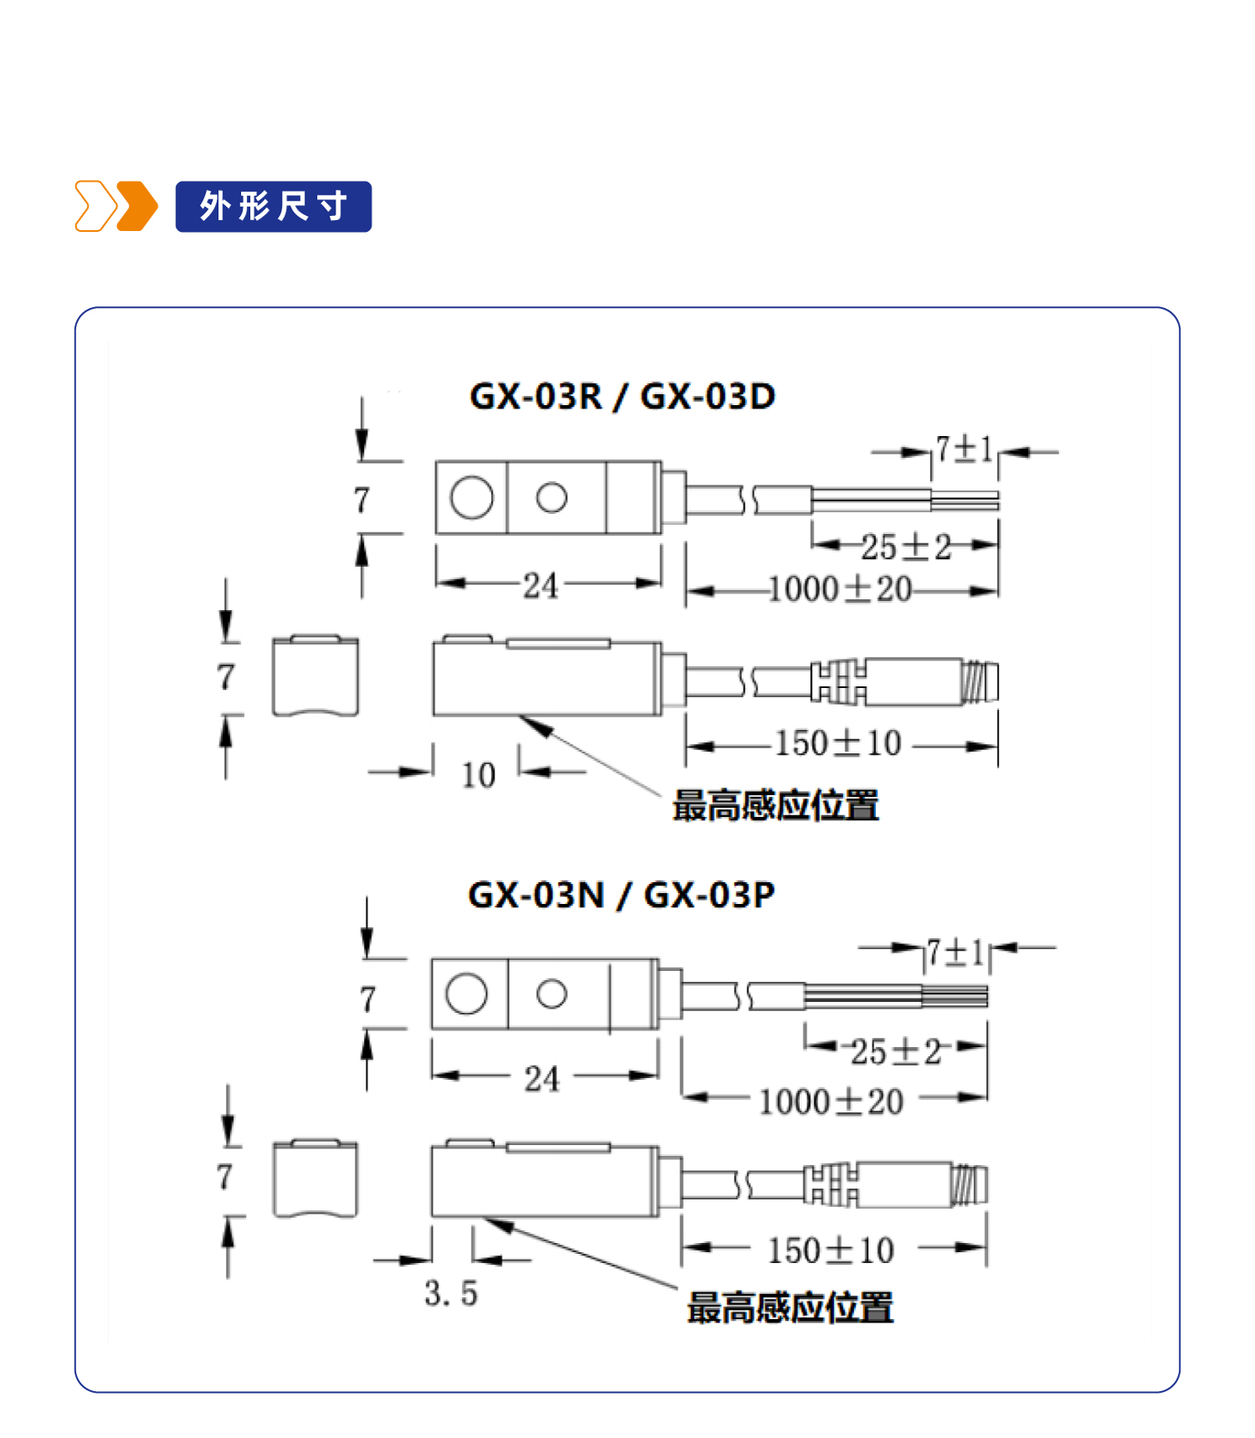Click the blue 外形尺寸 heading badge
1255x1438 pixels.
(273, 206)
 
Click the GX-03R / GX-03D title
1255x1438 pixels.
(622, 396)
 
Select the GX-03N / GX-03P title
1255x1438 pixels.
(621, 895)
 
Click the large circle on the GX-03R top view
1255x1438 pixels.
(472, 498)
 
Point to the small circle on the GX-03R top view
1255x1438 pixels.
(551, 497)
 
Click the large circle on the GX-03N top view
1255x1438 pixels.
(467, 994)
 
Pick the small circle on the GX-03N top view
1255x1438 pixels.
(551, 994)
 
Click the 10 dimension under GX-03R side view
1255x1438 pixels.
(479, 775)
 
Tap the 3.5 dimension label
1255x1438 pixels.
(451, 1293)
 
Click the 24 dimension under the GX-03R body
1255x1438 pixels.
(540, 585)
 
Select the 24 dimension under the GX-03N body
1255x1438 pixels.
(541, 1078)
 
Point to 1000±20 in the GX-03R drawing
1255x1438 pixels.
(839, 589)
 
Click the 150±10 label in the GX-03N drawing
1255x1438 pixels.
(831, 1251)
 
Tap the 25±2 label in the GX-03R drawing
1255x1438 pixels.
(906, 547)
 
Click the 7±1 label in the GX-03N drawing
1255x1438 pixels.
(955, 953)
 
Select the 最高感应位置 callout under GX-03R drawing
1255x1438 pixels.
(776, 805)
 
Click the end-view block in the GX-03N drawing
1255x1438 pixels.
(315, 1179)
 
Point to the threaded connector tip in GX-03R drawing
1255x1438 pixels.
(980, 681)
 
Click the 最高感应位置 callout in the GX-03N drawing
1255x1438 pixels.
(790, 1307)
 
